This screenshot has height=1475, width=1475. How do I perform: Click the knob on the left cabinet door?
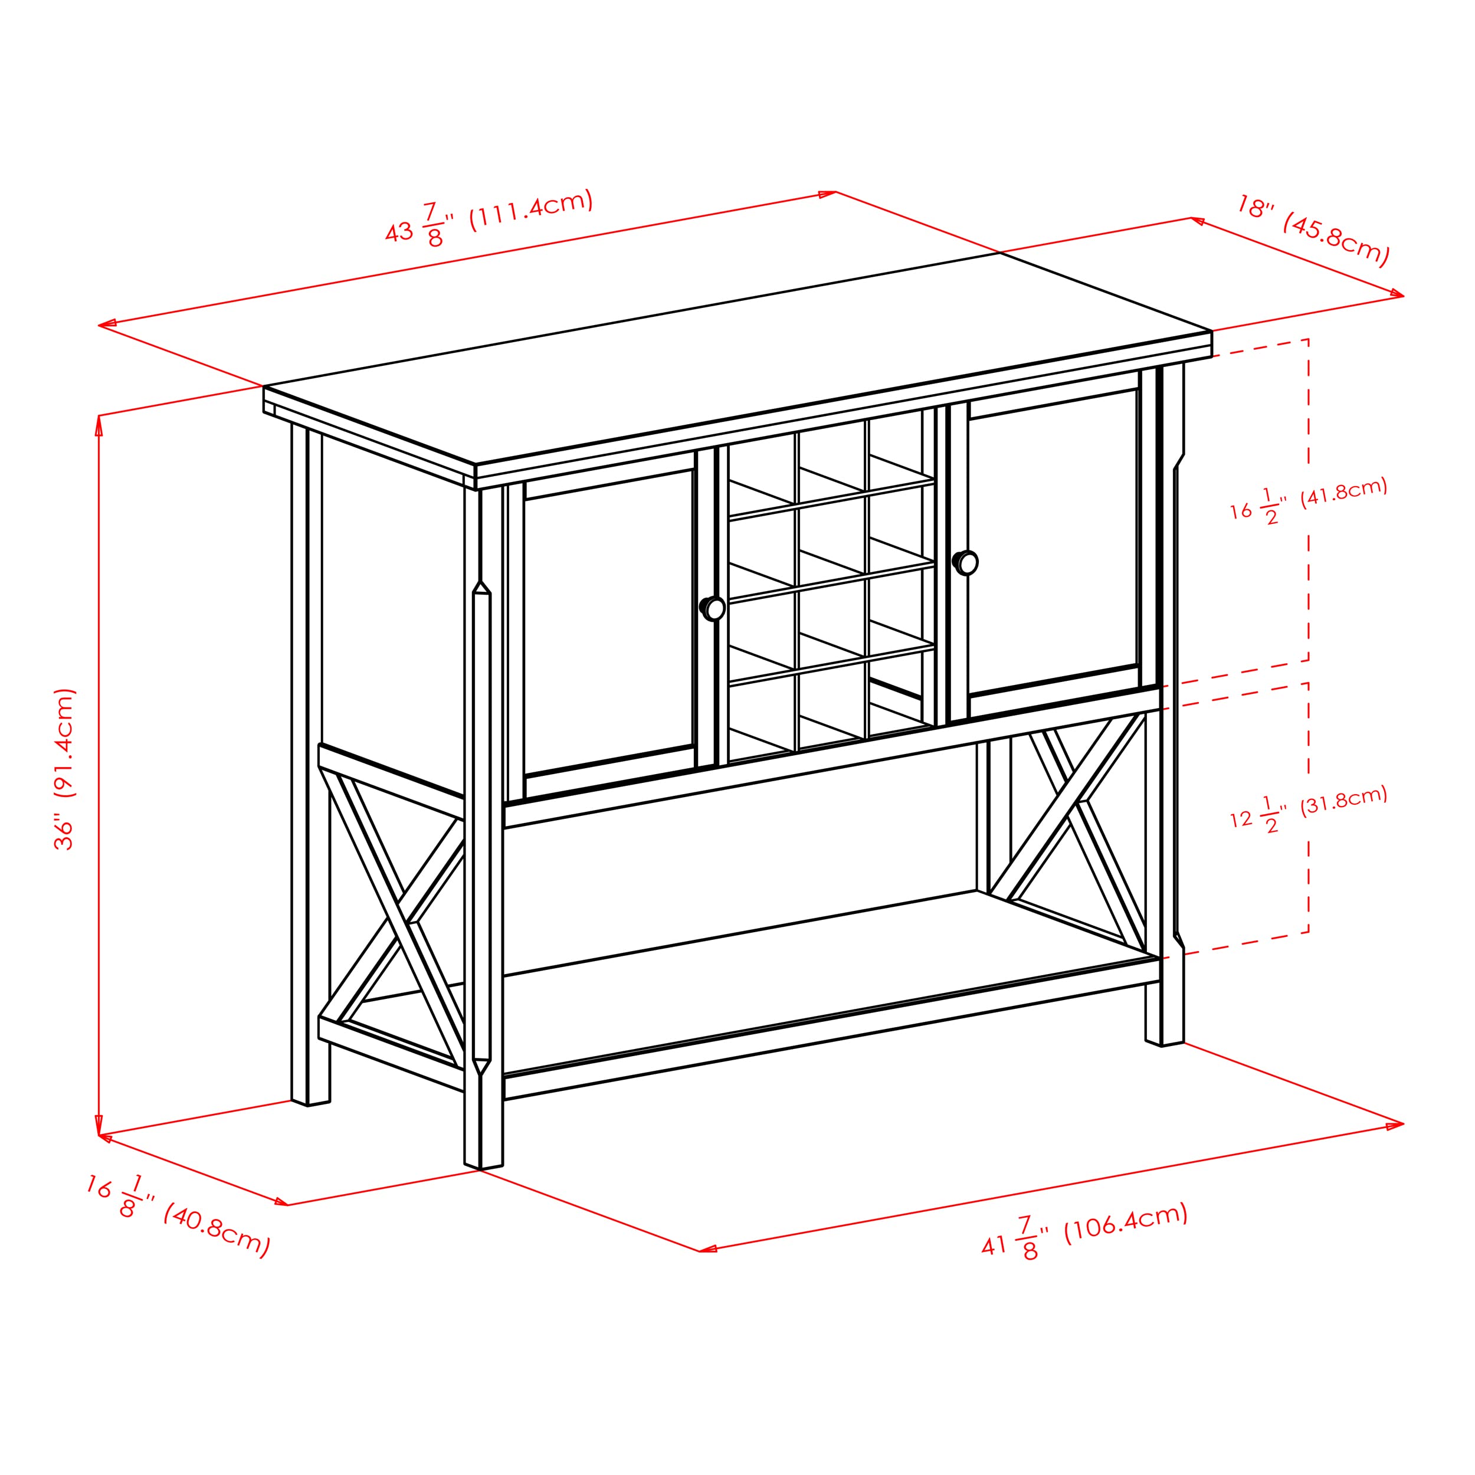point(713,608)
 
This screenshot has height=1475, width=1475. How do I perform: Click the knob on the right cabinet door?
point(966,563)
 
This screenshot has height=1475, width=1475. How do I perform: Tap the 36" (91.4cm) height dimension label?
point(65,769)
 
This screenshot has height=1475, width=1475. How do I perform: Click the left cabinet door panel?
point(608,622)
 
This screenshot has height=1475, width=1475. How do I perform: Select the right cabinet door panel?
point(1053,542)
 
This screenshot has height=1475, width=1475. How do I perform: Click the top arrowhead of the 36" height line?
point(99,422)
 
